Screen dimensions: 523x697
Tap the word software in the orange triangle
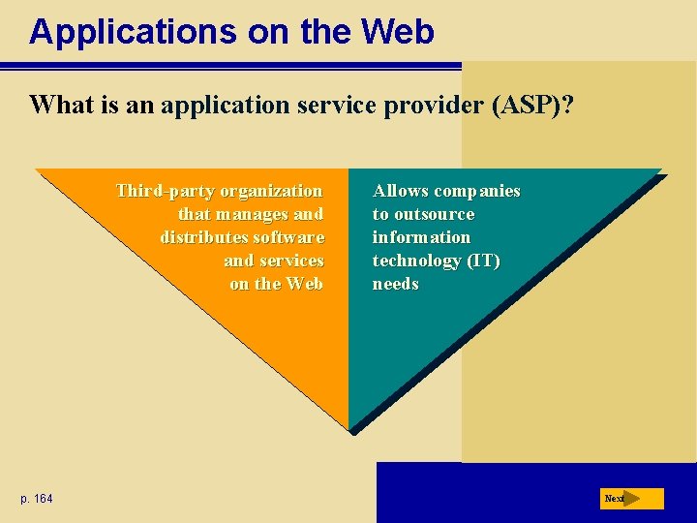(x=288, y=237)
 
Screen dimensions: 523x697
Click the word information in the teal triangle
(x=421, y=237)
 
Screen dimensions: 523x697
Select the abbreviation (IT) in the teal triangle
(x=483, y=261)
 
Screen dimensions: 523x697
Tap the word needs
(x=395, y=284)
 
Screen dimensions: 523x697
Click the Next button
(x=633, y=499)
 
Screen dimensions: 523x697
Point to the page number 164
(x=43, y=499)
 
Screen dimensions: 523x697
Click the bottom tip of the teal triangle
(x=349, y=428)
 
